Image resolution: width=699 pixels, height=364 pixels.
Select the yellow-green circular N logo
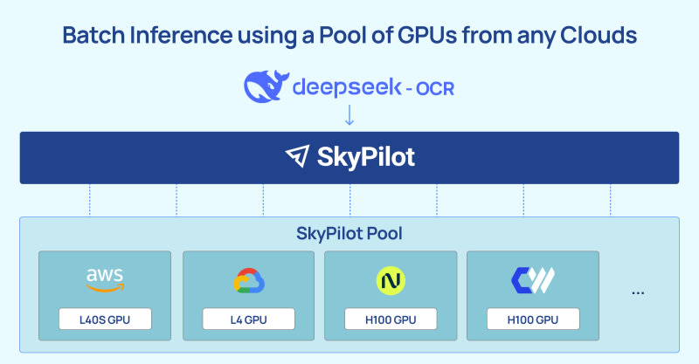tap(391, 280)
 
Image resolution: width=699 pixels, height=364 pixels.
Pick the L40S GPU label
tap(105, 319)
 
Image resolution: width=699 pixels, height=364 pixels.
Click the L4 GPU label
tap(248, 319)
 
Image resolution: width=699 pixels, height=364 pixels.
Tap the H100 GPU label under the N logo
tap(391, 319)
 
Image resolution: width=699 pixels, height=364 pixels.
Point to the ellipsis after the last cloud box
tap(637, 292)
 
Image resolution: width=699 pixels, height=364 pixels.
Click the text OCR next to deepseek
tap(434, 88)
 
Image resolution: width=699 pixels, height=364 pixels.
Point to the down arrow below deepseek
tap(349, 116)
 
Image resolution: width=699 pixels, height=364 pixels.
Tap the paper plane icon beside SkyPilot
tap(298, 157)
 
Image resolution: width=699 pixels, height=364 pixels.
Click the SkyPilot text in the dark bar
tap(366, 157)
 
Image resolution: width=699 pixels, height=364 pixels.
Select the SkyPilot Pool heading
tap(349, 234)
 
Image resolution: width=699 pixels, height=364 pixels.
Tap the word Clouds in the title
tap(601, 37)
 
